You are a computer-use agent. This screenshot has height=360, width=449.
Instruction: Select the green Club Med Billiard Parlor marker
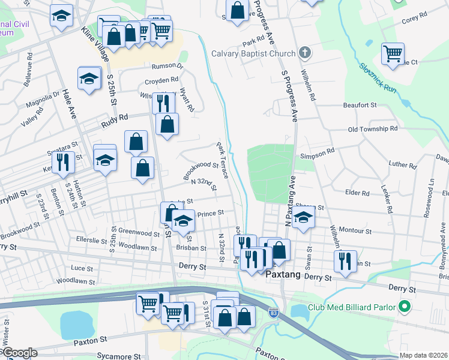(404, 307)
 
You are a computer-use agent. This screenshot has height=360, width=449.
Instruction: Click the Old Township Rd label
(373, 129)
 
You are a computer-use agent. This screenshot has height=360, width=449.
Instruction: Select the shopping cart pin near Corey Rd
(393, 53)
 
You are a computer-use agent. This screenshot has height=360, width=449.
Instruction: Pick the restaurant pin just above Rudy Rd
(163, 103)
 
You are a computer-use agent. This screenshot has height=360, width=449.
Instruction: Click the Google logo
(19, 353)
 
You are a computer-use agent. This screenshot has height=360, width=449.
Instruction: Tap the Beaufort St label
(360, 105)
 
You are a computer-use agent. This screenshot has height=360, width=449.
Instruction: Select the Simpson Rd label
(322, 154)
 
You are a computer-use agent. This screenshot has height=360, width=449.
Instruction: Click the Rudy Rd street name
(115, 121)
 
